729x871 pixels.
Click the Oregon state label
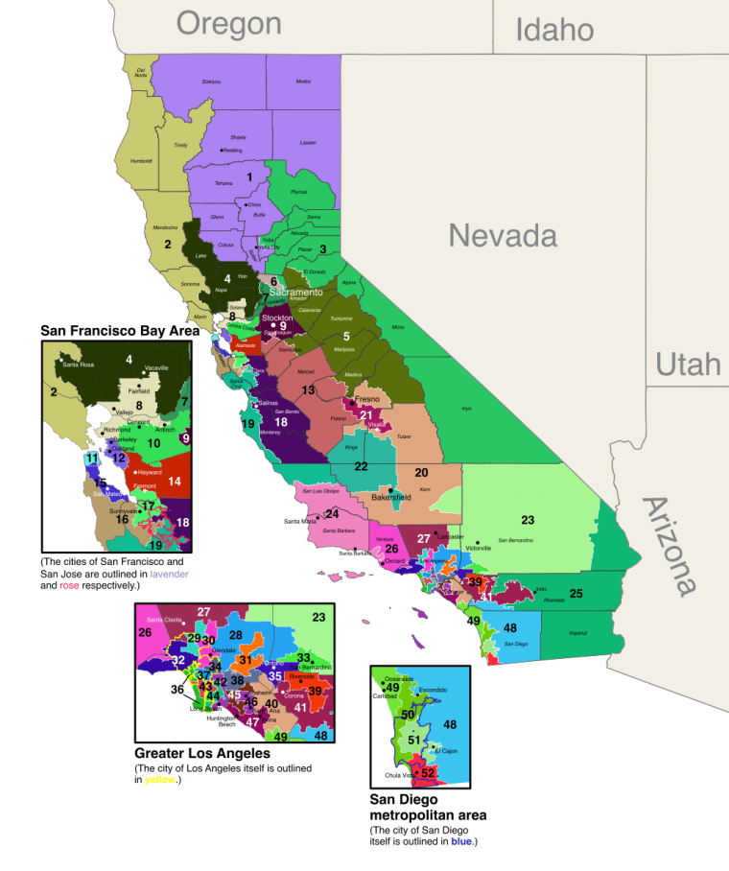pos(228,22)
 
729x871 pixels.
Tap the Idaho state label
pos(554,30)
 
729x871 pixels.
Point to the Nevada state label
pos(503,235)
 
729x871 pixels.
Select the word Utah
pos(688,365)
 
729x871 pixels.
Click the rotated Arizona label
pos(670,547)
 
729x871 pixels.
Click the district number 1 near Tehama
pos(249,177)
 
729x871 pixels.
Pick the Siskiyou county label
pos(211,82)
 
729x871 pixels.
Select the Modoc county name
pos(303,82)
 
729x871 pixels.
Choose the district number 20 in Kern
pos(421,472)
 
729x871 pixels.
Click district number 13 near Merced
pos(308,390)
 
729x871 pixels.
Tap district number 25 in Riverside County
pos(576,594)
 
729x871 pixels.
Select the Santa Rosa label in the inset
pos(80,365)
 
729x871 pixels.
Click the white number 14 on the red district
pos(174,481)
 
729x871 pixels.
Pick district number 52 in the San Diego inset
pos(428,772)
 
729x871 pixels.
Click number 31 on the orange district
pos(246,660)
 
